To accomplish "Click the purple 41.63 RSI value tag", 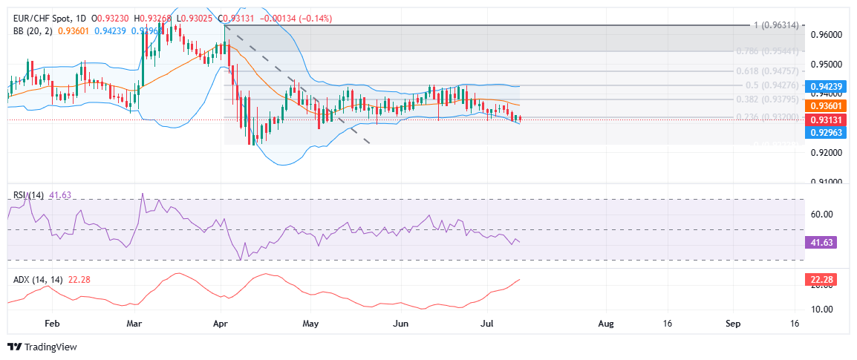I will click(820, 242).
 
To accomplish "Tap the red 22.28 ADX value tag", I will click(820, 280).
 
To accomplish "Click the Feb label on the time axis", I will click(52, 324).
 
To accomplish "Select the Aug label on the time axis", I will click(606, 324).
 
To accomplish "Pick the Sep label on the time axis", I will click(733, 324).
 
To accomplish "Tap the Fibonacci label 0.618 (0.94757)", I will click(773, 71).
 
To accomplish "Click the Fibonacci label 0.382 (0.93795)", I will click(773, 99).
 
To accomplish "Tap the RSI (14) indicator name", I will click(29, 194).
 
